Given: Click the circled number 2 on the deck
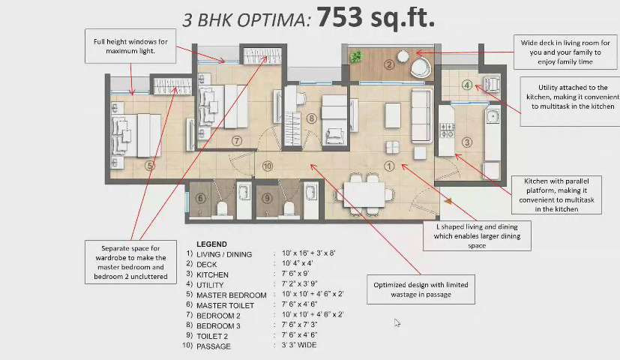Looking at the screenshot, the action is coord(389,64).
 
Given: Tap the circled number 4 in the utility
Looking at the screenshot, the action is coord(467,85).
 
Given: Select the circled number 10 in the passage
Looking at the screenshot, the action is coord(268,166).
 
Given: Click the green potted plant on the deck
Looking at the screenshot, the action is coord(356,56).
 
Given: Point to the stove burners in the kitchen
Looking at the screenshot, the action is coord(448,131).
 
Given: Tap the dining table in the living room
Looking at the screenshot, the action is coord(364,195).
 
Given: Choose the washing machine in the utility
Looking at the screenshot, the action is coord(492,84).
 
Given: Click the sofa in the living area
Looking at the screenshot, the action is coord(422,115).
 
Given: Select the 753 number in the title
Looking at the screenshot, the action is coord(340,17).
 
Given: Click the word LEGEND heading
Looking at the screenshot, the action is coord(211,244).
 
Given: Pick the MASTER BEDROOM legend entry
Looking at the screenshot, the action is coord(232,295).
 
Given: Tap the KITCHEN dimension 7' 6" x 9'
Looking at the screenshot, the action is coord(295,274).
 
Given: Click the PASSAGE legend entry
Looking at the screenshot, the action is coord(214,346).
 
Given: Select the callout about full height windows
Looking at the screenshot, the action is coord(130,46).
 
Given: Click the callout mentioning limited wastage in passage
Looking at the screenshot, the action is coord(421,289).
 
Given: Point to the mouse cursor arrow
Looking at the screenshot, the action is coord(397,322).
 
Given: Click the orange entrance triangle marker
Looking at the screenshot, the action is coord(448,201).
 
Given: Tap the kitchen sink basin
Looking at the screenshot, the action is coord(493,116).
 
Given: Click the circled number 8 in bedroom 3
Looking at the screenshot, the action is coord(312,118).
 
